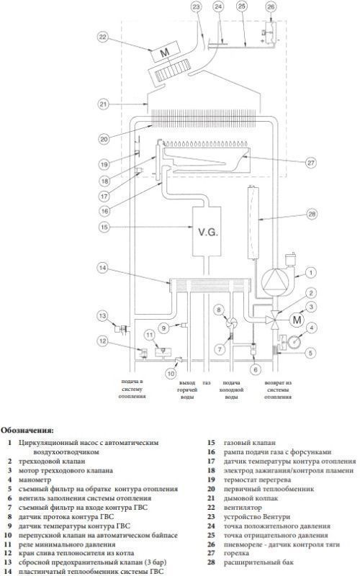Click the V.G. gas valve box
(207, 231)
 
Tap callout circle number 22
(102, 37)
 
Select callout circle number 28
(312, 214)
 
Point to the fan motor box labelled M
(165, 52)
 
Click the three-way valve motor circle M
(297, 320)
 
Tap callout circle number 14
(102, 268)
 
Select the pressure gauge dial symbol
(294, 341)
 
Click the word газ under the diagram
(207, 383)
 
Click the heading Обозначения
(27, 429)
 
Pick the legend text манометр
(35, 480)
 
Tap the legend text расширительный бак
(258, 562)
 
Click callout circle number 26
(271, 6)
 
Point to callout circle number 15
(104, 227)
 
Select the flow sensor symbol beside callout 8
(231, 323)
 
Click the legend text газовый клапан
(249, 443)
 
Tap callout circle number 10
(171, 374)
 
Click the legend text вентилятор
(243, 508)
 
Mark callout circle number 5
(310, 353)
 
